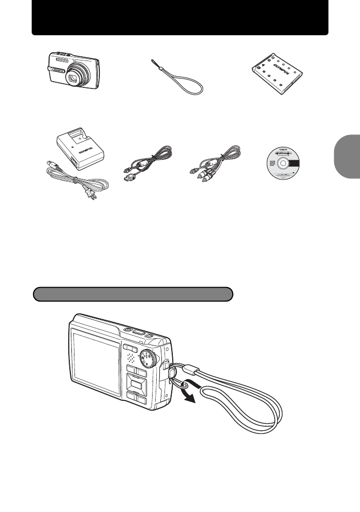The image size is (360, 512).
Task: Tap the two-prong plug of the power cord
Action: pos(93,196)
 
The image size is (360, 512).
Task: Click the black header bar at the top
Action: pos(180,18)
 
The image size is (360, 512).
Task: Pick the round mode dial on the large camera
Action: pos(150,359)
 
